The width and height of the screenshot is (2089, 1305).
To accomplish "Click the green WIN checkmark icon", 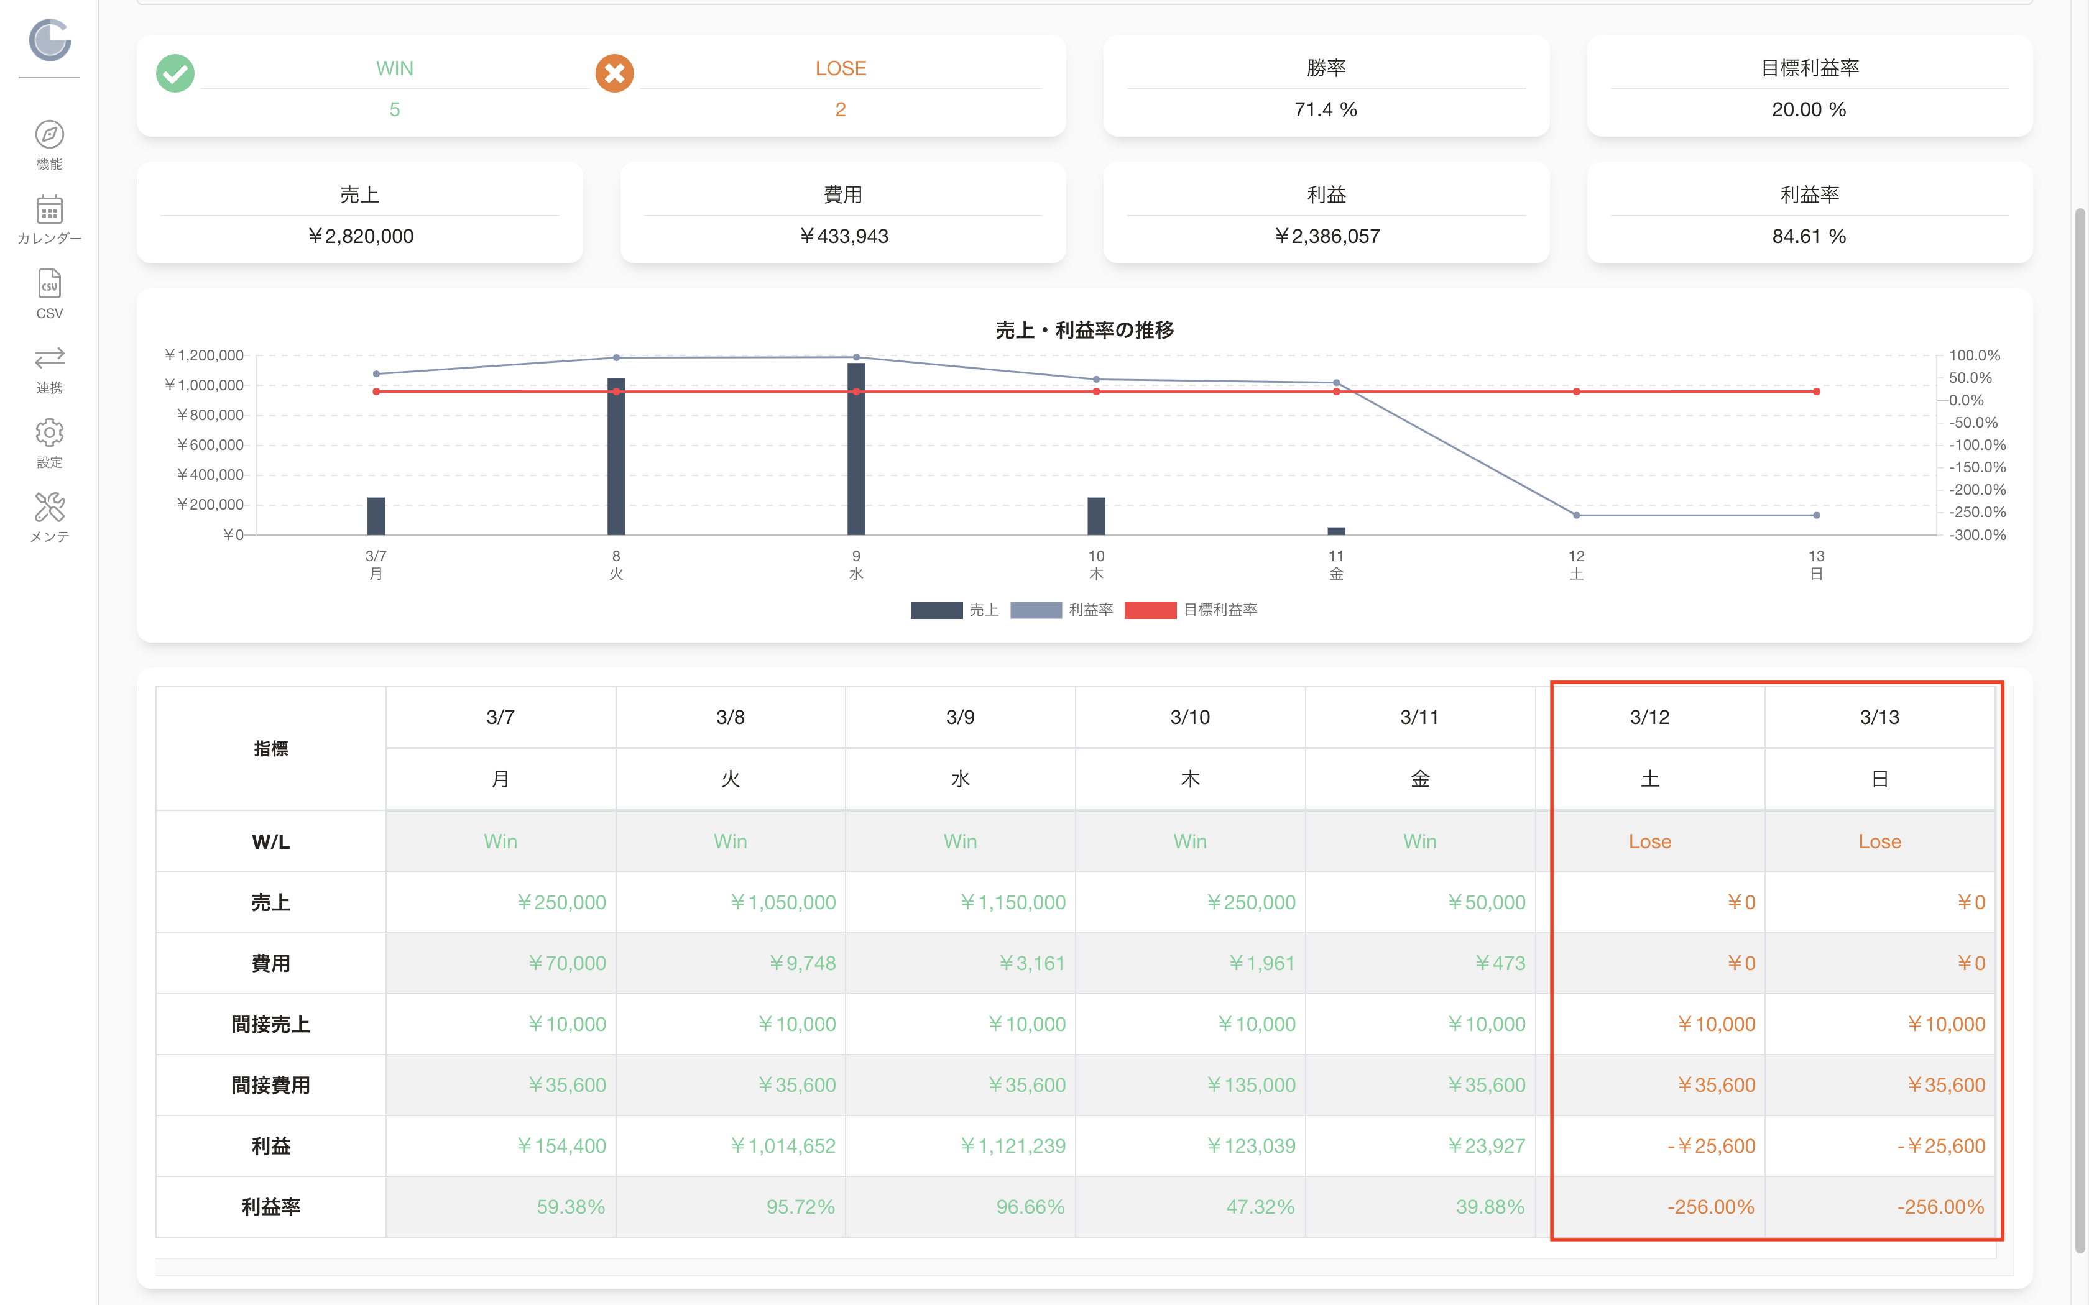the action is point(175,73).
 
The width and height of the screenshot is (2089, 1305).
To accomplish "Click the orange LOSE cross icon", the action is point(615,73).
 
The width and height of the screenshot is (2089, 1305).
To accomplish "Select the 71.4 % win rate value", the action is point(1326,109).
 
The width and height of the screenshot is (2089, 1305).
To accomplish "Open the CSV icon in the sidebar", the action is point(49,284).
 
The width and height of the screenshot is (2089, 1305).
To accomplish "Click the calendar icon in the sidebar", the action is point(49,210).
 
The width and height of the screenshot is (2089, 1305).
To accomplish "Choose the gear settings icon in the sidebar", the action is point(49,433).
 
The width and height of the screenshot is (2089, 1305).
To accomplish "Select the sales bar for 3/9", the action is point(856,449).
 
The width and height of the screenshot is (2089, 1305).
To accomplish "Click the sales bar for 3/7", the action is point(376,516).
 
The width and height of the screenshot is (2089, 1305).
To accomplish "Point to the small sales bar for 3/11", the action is point(1336,531).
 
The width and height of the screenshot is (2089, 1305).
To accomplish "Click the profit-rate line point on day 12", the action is point(1576,515).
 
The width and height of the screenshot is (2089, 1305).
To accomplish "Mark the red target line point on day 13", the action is point(1816,392).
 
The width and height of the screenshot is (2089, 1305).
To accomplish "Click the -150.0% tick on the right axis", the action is point(1978,467).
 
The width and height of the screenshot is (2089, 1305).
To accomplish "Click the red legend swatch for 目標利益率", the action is point(1150,610).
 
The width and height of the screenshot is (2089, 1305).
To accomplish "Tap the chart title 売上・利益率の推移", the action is point(1084,330).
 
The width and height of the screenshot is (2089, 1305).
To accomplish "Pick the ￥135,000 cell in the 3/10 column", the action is point(1251,1085).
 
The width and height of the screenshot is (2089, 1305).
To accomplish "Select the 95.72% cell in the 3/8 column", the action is point(800,1207).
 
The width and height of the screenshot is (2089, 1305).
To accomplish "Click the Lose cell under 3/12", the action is point(1649,841).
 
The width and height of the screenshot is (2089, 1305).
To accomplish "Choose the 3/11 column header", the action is point(1420,717).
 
